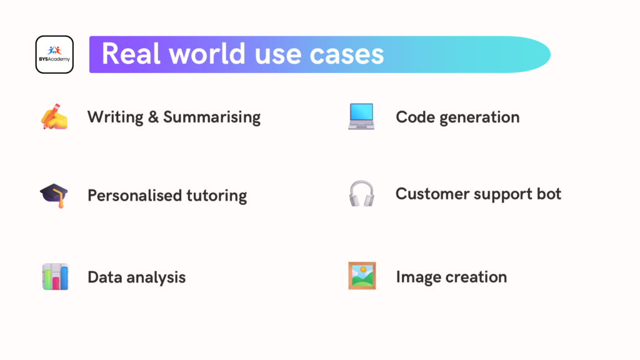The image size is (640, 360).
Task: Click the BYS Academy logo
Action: [54, 54]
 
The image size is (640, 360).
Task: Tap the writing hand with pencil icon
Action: [54, 117]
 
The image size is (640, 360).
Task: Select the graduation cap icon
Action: [54, 195]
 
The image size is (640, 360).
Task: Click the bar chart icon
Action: [55, 276]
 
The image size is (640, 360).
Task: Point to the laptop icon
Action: [361, 117]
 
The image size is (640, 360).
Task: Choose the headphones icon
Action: [361, 194]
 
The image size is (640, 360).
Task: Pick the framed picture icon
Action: [362, 276]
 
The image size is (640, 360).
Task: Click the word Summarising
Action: [212, 117]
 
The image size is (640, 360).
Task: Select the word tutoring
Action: [217, 196]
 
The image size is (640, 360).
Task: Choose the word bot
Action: [548, 194]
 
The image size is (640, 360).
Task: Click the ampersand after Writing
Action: [153, 117]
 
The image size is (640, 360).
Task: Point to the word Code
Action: [412, 117]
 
